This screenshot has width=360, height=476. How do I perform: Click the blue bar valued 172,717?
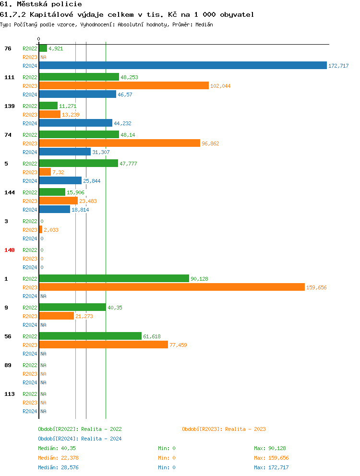click(x=182, y=65)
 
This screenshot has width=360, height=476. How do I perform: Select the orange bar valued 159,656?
click(x=171, y=287)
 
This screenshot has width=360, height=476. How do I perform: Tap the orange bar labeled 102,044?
click(x=123, y=85)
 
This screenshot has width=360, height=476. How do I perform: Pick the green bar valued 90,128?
click(x=114, y=278)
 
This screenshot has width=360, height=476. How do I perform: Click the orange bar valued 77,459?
click(x=103, y=345)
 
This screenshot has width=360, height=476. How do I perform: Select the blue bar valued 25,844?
click(x=60, y=180)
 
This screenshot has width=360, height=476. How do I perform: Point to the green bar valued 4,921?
click(x=43, y=48)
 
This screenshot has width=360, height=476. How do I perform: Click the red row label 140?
click(x=10, y=250)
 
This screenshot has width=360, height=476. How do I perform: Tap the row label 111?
click(x=10, y=77)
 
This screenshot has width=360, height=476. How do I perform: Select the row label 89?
click(x=8, y=365)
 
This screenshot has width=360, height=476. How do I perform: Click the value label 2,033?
click(x=51, y=230)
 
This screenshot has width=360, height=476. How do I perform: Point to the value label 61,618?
click(x=152, y=336)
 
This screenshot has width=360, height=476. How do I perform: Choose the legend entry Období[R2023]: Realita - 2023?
click(x=224, y=429)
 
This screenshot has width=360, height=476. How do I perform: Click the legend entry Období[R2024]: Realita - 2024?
click(x=80, y=439)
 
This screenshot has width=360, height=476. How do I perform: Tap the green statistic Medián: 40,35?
click(x=54, y=448)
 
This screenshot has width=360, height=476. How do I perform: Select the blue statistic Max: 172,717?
click(x=271, y=467)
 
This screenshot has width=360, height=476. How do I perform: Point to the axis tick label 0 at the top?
click(x=39, y=39)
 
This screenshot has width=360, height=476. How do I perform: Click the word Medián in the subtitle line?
click(x=204, y=24)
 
